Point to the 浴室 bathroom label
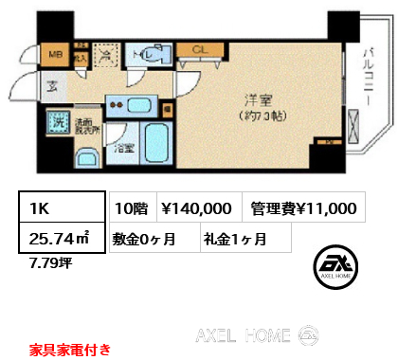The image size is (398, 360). tap(125, 148)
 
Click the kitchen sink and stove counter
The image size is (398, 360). tap(133, 103)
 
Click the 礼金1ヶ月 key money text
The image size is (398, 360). tap(232, 240)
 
